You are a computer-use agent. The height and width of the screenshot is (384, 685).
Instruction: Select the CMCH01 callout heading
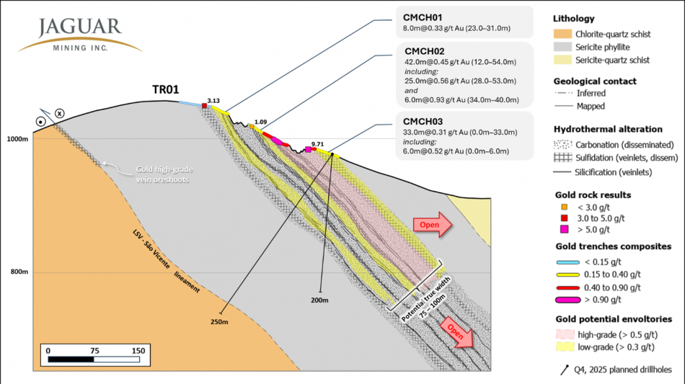pos(421,17)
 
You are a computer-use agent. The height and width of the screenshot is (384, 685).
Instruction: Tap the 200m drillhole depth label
pos(320,299)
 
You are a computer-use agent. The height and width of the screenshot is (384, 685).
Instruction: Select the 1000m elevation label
pos(17,138)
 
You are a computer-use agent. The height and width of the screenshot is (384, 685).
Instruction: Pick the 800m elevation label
pos(18,272)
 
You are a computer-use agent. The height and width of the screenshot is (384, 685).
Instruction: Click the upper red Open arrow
pos(432,225)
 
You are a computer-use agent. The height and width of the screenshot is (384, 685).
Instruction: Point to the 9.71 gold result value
pos(317,144)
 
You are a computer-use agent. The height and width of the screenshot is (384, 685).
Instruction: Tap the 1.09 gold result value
pos(261,122)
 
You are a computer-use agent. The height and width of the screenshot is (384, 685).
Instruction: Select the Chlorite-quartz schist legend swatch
pos(563,33)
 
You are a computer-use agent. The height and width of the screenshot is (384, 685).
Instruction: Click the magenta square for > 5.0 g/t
pos(564,230)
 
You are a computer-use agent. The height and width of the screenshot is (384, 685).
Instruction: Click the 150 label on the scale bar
pos(138,350)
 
